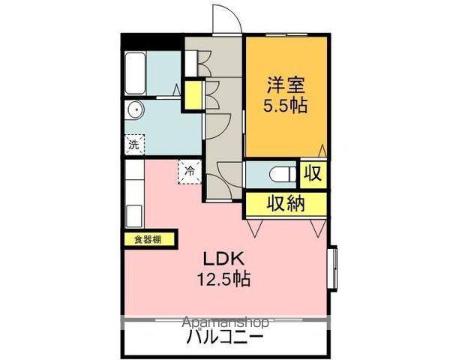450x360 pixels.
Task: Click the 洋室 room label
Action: pyautogui.click(x=286, y=85)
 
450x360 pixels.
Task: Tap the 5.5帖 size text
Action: pyautogui.click(x=286, y=105)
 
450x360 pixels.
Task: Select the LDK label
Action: pyautogui.click(x=224, y=259)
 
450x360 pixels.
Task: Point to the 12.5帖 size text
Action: pyautogui.click(x=224, y=278)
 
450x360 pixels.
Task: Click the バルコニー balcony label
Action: pyautogui.click(x=224, y=337)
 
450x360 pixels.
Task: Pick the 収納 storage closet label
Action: pyautogui.click(x=286, y=203)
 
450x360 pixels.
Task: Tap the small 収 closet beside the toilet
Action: pyautogui.click(x=313, y=173)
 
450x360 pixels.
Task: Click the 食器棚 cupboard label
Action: pyautogui.click(x=148, y=239)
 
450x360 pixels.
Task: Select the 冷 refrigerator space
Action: pyautogui.click(x=190, y=172)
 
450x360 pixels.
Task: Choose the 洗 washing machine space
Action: pyautogui.click(x=134, y=145)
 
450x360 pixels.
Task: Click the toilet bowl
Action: pyautogui.click(x=283, y=174)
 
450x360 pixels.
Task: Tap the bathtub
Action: pyautogui.click(x=135, y=73)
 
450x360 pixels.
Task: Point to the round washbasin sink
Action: pyautogui.click(x=135, y=109)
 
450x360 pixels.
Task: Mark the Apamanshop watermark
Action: pyautogui.click(x=226, y=322)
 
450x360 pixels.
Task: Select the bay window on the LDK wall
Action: pyautogui.click(x=333, y=268)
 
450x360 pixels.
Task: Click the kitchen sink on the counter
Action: pyautogui.click(x=134, y=216)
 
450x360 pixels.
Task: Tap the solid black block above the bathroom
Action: pyautogui.click(x=151, y=42)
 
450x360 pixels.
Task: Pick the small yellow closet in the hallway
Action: pyautogui.click(x=193, y=95)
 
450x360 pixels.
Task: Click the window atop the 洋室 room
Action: pyautogui.click(x=287, y=35)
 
